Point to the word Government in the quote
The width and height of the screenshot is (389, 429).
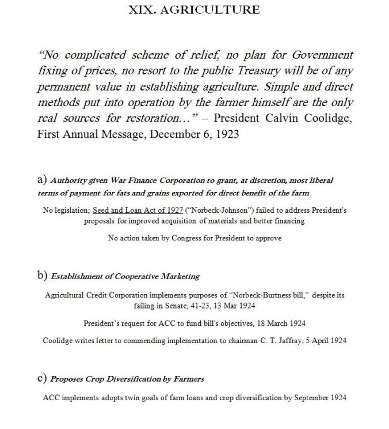tap(321, 55)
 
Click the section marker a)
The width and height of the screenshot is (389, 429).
tap(42, 180)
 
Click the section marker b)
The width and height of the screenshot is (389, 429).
tap(42, 275)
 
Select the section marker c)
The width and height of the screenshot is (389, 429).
tap(41, 378)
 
